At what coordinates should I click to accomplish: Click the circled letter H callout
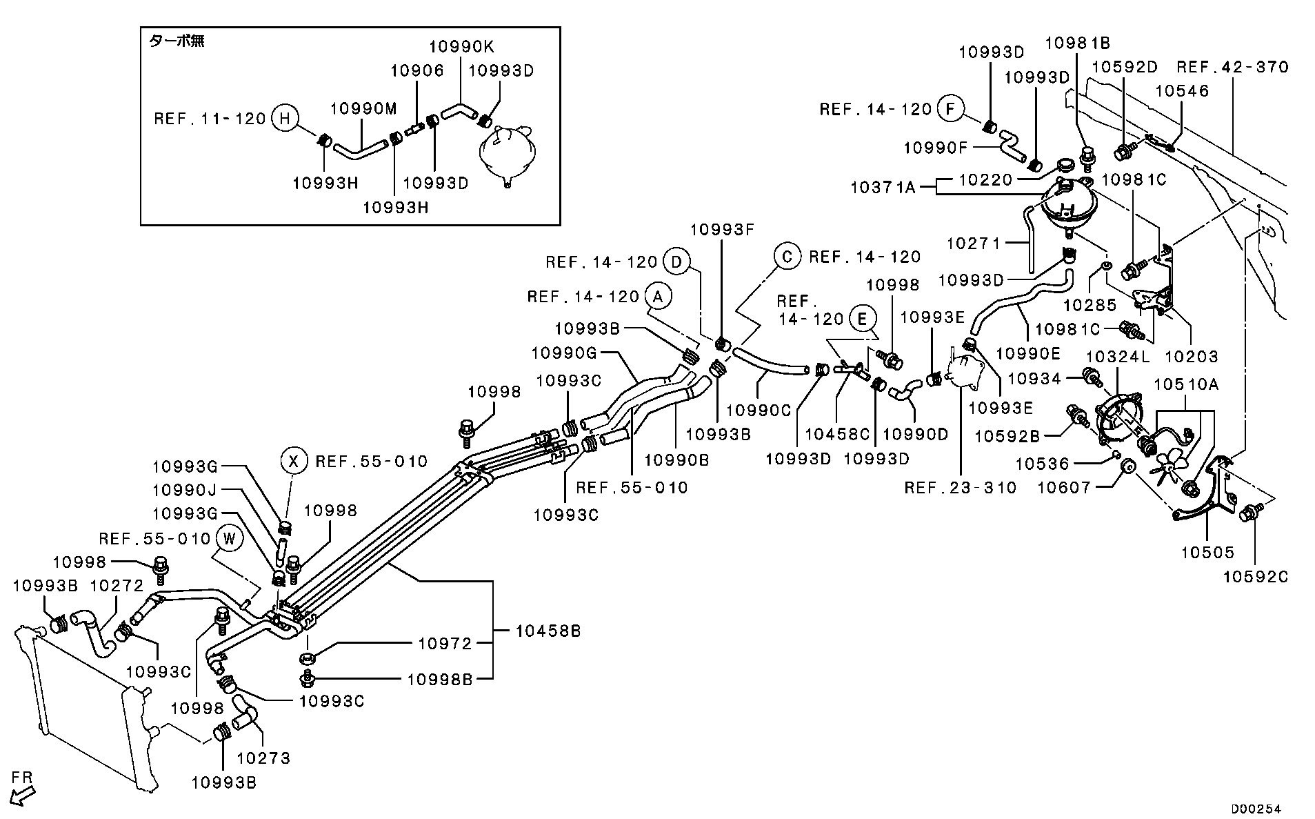(283, 118)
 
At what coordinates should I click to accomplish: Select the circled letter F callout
(950, 109)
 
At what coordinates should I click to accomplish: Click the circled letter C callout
(787, 256)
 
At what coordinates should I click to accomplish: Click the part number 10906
(416, 70)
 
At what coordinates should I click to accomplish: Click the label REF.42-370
(1232, 67)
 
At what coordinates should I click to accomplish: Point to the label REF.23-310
(961, 488)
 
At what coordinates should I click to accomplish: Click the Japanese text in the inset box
(177, 41)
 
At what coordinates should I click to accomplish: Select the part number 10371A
(883, 187)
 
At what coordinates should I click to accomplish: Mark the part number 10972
(445, 644)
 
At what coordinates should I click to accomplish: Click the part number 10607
(1064, 488)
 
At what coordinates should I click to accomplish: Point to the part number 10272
(117, 586)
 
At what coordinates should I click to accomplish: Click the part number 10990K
(461, 46)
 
